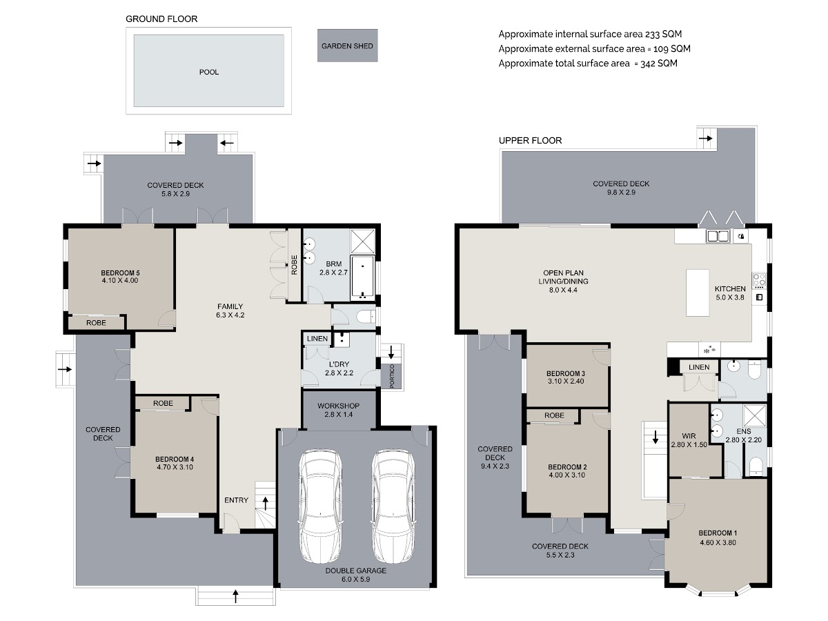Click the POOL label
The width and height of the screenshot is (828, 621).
tap(208, 72)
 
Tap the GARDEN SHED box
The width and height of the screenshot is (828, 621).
tap(347, 46)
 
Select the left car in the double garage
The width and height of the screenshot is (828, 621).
tap(320, 506)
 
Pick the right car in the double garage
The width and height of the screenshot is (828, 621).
tap(393, 506)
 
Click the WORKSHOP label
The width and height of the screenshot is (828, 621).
tap(338, 406)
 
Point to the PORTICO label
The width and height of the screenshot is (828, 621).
tap(391, 376)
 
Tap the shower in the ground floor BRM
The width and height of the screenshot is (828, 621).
tap(362, 241)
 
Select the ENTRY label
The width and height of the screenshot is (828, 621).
tap(236, 500)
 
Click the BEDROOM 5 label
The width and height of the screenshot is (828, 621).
tap(120, 273)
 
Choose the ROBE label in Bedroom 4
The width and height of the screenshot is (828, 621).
tap(163, 403)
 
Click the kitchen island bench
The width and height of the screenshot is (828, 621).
tap(698, 293)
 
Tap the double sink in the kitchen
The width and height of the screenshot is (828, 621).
tap(718, 236)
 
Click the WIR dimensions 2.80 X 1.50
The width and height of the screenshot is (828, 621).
tap(689, 444)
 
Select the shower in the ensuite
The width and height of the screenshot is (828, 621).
tap(754, 416)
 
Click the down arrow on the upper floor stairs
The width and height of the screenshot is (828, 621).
tap(655, 437)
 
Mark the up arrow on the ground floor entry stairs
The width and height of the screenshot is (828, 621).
tap(265, 503)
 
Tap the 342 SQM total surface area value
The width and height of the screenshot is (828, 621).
tap(659, 63)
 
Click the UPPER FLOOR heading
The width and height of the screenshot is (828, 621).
tap(530, 141)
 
